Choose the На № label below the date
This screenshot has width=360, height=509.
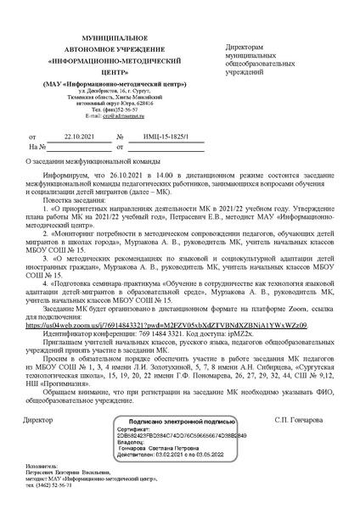click(x=34, y=147)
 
